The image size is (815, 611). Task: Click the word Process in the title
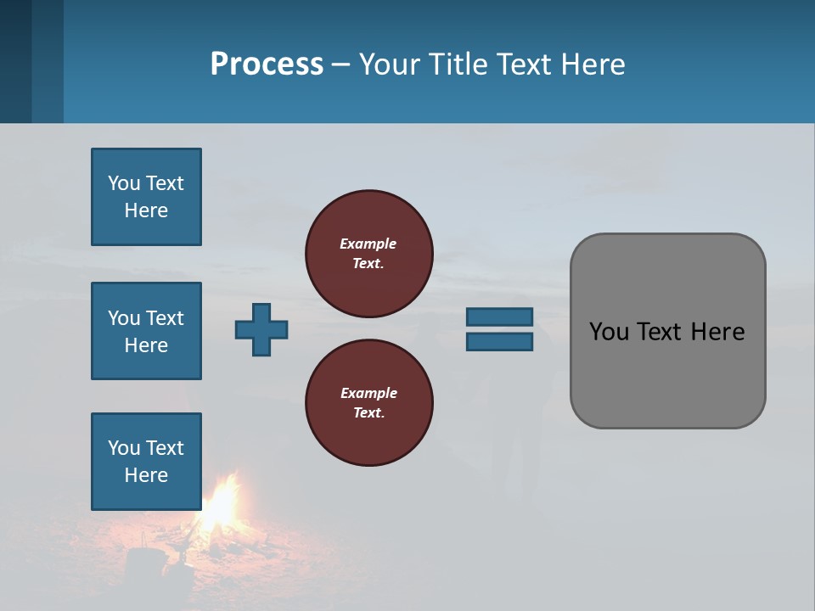point(267,64)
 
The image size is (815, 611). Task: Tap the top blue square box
point(146,197)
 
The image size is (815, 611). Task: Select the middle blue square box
point(146,331)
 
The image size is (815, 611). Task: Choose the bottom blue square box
point(146,462)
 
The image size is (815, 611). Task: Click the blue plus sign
point(261,329)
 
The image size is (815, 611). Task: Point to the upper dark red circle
point(368,254)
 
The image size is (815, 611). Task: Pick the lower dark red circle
point(368,403)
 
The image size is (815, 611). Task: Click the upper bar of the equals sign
point(499,317)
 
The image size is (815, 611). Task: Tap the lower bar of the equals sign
point(499,341)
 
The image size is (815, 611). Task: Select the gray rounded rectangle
point(667,331)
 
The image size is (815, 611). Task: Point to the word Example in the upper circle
point(368,244)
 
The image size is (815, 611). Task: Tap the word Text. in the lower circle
point(368,413)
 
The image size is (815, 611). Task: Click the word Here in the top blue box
point(146,210)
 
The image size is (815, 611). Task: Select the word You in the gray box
point(608,332)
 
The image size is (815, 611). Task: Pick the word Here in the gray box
point(717,332)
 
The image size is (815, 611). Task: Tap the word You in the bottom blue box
point(123,448)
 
